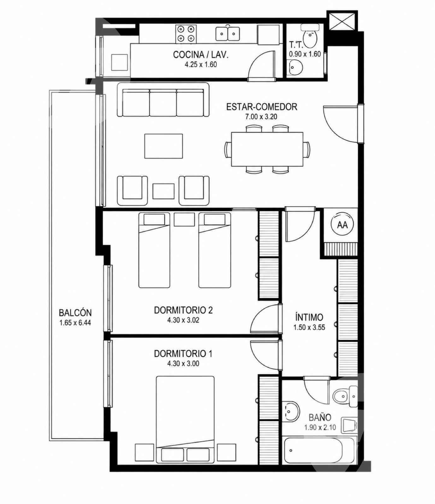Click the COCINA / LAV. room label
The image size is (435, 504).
pos(201,54)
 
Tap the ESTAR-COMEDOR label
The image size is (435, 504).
pos(262,107)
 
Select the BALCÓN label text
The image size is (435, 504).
pos(75,313)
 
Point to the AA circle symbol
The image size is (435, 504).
pos(342,225)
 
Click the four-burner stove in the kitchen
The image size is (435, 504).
pos(185,34)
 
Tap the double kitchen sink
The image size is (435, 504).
pos(227,33)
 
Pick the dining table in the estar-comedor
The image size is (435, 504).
pos(267,149)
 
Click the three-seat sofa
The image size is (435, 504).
pos(163,100)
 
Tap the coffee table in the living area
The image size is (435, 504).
pos(163,146)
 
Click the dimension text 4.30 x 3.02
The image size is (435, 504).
pos(183,320)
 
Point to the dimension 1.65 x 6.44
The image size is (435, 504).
pos(75,323)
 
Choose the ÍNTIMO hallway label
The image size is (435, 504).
pos(309,317)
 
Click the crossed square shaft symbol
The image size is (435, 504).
pos(342,21)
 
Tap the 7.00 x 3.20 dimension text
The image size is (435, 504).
pos(262,117)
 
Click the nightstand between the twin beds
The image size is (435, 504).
pos(184,220)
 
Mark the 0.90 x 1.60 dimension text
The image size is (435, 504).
pos(305,54)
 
